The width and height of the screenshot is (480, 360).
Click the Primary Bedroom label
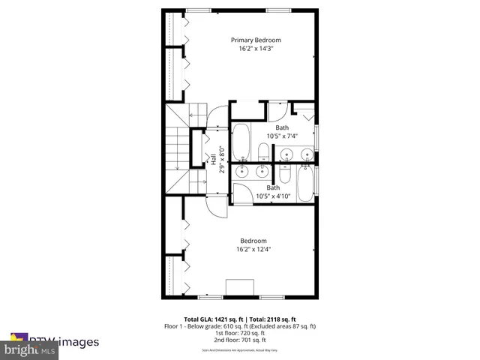pos(256,40)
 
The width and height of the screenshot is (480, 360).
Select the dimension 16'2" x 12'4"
pos(253,249)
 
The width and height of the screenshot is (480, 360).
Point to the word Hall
pos(214,159)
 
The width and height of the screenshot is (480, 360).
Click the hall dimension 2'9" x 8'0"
pos(222,159)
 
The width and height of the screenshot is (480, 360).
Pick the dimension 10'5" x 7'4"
pos(281,136)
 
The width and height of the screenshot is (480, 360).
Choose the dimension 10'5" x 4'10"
pos(274,196)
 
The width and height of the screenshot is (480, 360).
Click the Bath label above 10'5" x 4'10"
pos(274,187)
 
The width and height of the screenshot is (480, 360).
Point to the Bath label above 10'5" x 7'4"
pos(281,127)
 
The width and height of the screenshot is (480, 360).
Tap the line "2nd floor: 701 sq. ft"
pos(240,339)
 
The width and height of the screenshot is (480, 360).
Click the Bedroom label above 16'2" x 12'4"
pos(253,240)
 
